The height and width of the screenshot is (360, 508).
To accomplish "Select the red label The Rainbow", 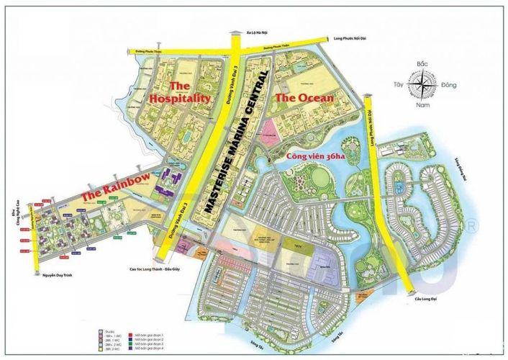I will coord(116,186).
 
